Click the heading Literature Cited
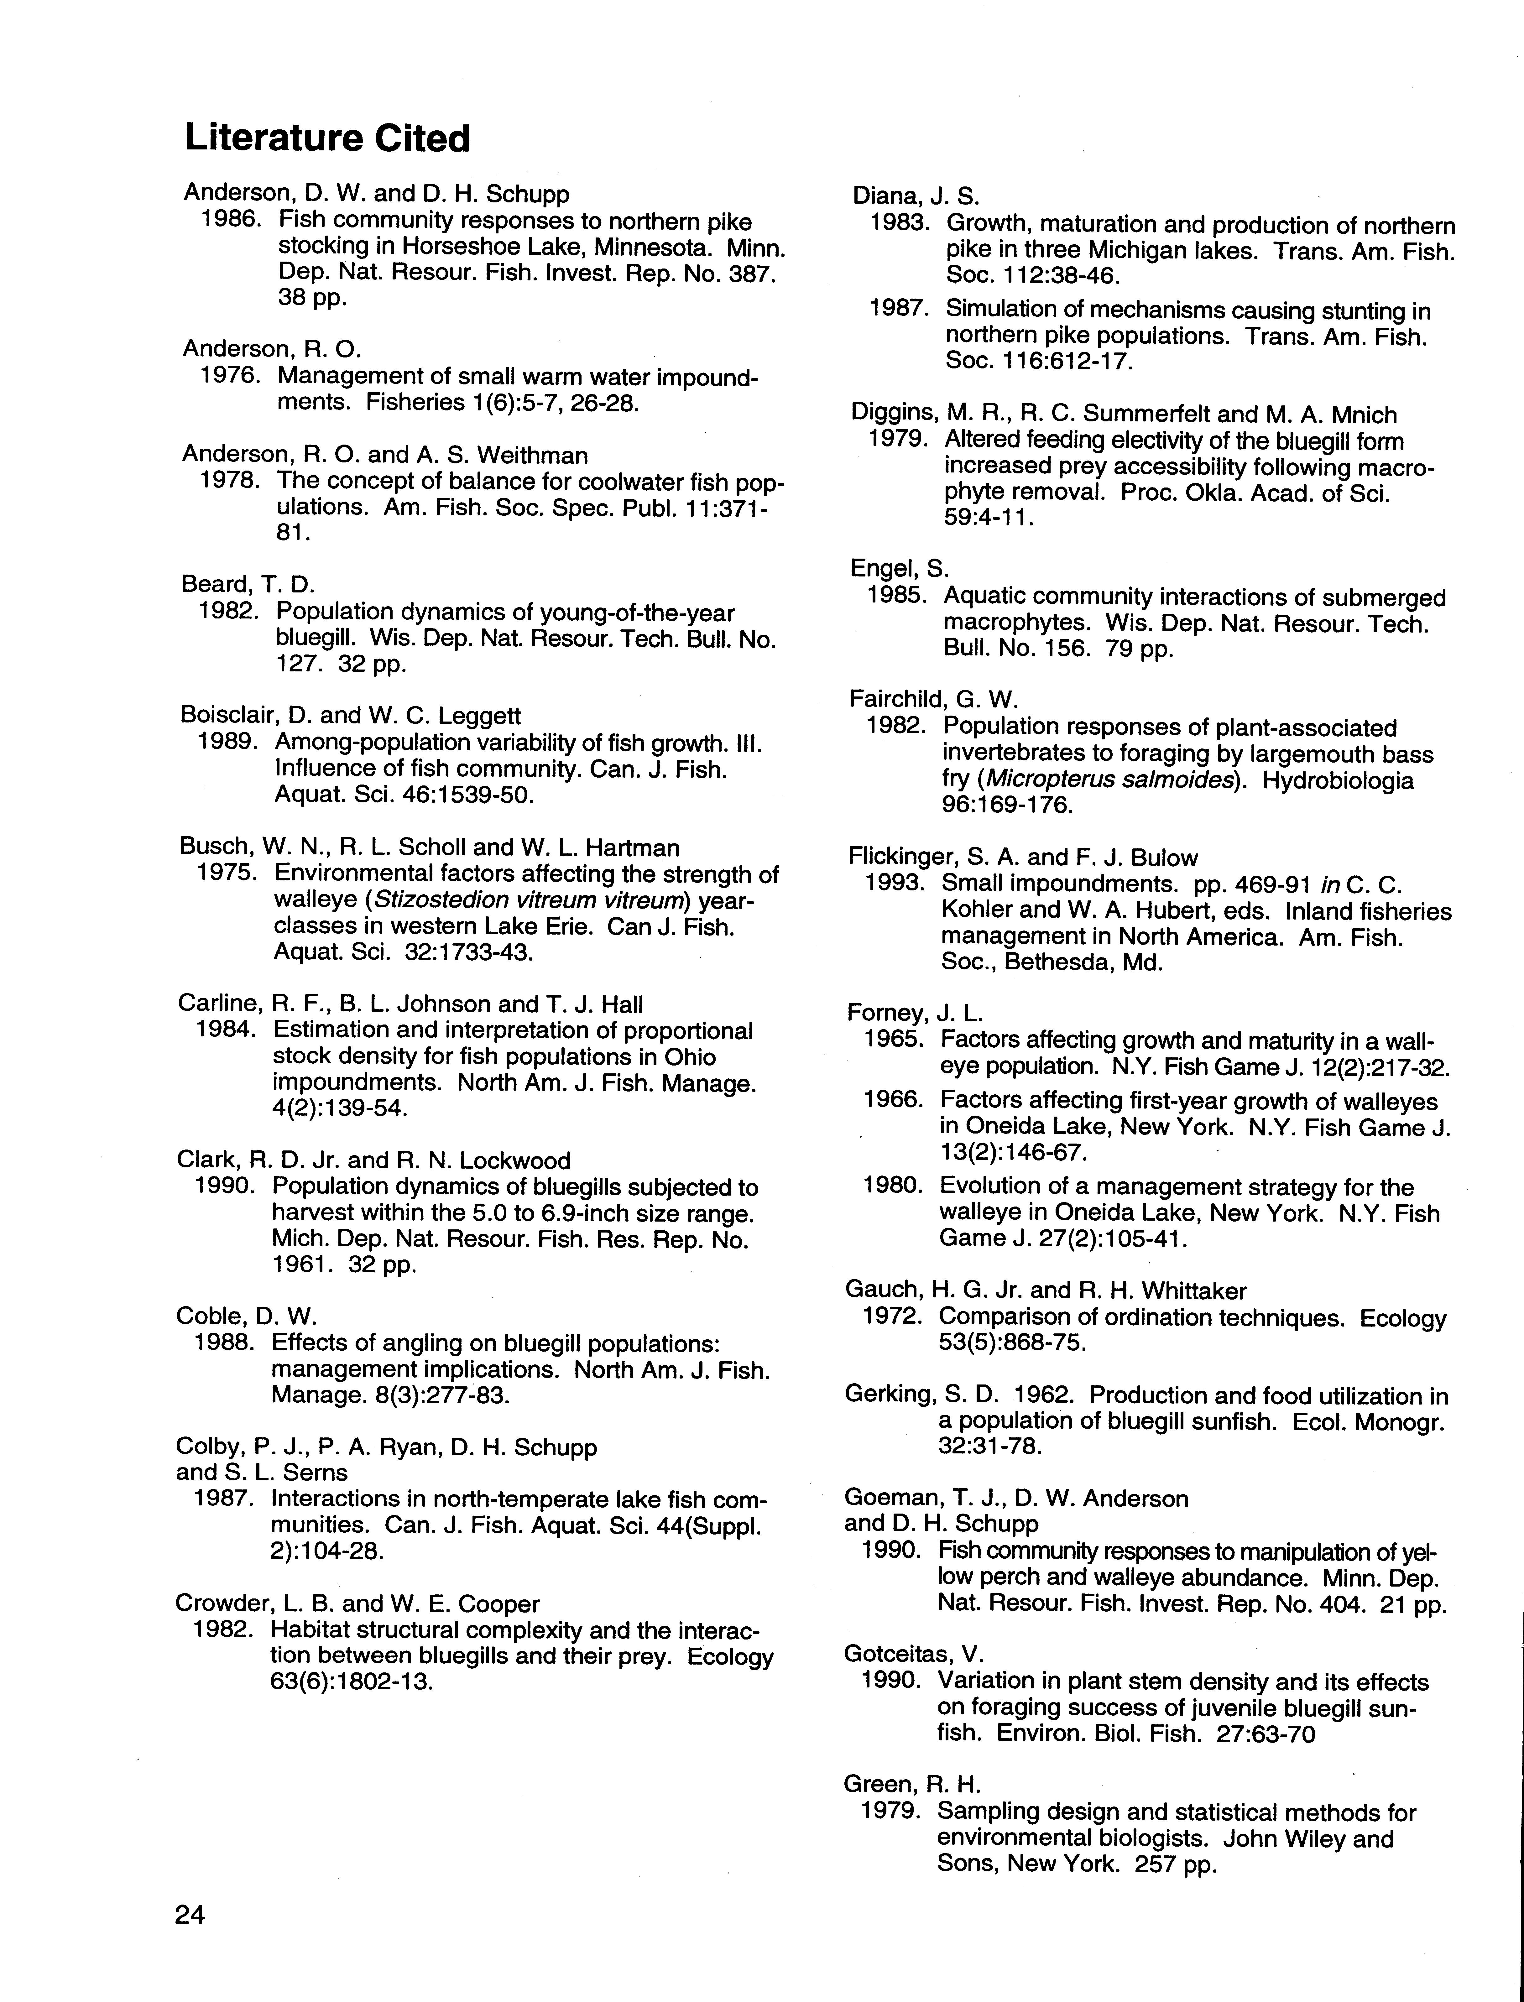click(327, 139)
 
